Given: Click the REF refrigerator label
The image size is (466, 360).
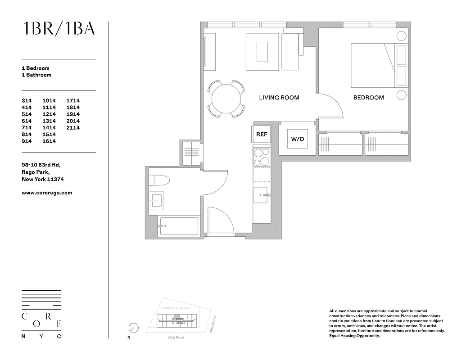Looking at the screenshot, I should (262, 134).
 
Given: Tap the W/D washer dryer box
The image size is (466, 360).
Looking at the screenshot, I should (297, 139).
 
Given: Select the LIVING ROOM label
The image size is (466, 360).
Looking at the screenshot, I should (279, 97).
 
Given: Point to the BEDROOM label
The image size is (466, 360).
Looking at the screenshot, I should (368, 97).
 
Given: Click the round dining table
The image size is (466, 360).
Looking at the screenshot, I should (226, 99).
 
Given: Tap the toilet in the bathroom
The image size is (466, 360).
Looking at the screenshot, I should (159, 181).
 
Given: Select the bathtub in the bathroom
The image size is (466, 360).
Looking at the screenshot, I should (178, 226).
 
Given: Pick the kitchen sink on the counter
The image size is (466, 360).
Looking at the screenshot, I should (262, 195).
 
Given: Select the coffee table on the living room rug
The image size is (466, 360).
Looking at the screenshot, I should (262, 52).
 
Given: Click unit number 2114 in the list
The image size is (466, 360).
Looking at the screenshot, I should (73, 128).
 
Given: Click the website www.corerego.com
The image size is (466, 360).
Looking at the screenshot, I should (47, 193).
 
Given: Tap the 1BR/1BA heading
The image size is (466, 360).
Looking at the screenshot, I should (59, 29).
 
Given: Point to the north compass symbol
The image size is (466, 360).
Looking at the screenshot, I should (133, 328).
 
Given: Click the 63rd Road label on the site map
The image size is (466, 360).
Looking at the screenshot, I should (176, 337).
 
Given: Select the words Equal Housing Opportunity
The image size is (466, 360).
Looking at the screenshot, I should (355, 336).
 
